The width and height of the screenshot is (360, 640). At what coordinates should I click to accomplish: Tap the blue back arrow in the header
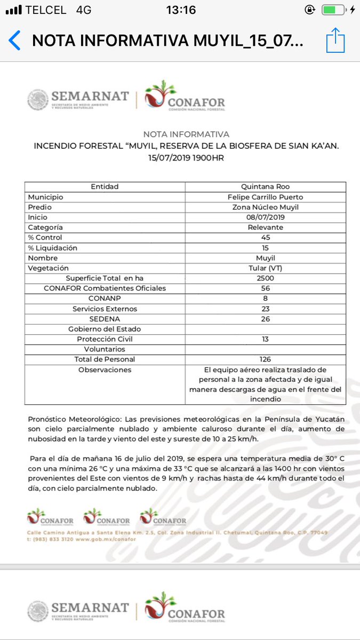15,41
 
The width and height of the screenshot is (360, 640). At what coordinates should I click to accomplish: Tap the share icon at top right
335,41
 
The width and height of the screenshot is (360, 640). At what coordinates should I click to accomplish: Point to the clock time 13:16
181,10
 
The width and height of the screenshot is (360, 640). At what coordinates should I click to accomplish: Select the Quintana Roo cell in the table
265,187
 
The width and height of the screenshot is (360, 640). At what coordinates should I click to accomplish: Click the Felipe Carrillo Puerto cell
265,197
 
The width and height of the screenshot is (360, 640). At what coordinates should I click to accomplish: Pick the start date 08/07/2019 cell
265,217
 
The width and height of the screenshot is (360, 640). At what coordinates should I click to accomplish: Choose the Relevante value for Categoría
265,227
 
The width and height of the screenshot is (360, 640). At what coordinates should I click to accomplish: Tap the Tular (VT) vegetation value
265,268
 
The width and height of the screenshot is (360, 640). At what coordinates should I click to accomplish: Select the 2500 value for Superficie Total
265,278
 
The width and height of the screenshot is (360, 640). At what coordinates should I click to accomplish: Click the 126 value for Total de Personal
265,359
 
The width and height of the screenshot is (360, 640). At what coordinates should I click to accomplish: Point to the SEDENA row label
105,318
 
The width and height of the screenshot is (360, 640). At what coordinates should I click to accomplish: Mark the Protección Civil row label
105,339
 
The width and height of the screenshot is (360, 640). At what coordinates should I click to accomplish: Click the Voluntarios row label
105,349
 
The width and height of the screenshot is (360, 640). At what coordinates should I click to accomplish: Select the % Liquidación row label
53,247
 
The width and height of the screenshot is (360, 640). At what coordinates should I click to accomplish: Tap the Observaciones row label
105,370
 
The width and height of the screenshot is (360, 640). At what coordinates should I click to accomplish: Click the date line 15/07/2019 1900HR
186,158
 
